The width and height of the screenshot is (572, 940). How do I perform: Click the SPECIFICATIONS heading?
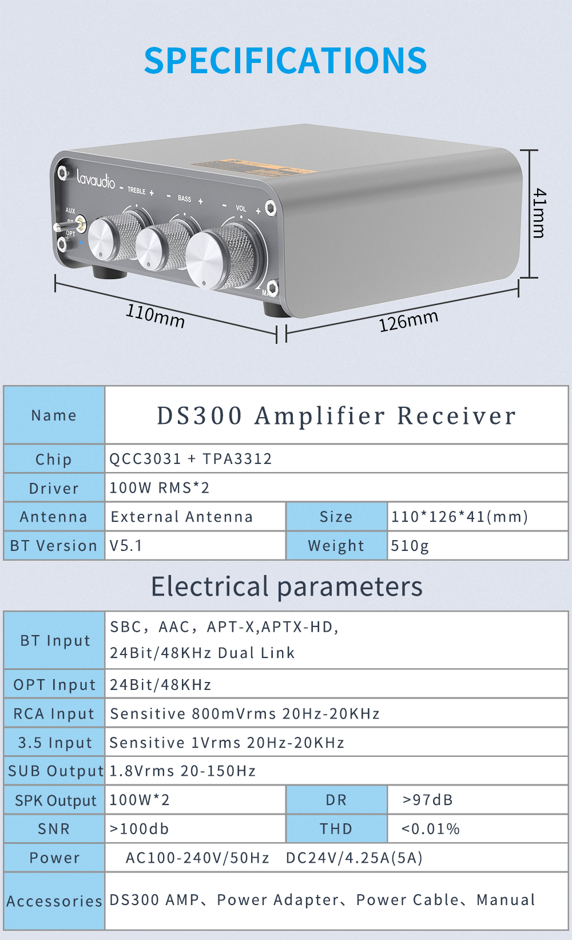[285, 61]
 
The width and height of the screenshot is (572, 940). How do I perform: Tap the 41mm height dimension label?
[538, 213]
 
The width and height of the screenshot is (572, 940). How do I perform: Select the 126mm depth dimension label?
[408, 320]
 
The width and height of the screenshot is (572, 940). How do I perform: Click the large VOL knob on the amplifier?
[220, 259]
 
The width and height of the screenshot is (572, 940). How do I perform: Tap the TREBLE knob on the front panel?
[112, 237]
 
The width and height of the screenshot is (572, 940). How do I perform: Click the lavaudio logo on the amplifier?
[96, 180]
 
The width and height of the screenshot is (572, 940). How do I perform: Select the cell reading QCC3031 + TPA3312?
[190, 459]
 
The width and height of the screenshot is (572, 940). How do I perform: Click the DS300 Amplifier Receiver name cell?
[336, 416]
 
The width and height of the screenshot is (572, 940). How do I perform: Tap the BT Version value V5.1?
[126, 546]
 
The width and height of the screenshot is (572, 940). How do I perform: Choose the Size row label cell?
[336, 517]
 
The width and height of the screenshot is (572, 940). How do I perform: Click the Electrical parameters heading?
[287, 586]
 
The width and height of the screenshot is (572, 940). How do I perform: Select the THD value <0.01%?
[431, 829]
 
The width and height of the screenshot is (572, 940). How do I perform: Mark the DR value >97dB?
[428, 800]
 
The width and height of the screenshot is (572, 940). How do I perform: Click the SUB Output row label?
[55, 771]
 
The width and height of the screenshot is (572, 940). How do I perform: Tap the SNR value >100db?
[139, 829]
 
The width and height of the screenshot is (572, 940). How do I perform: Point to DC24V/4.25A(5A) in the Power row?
[354, 858]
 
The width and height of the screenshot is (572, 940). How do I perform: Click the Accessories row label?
[54, 901]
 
